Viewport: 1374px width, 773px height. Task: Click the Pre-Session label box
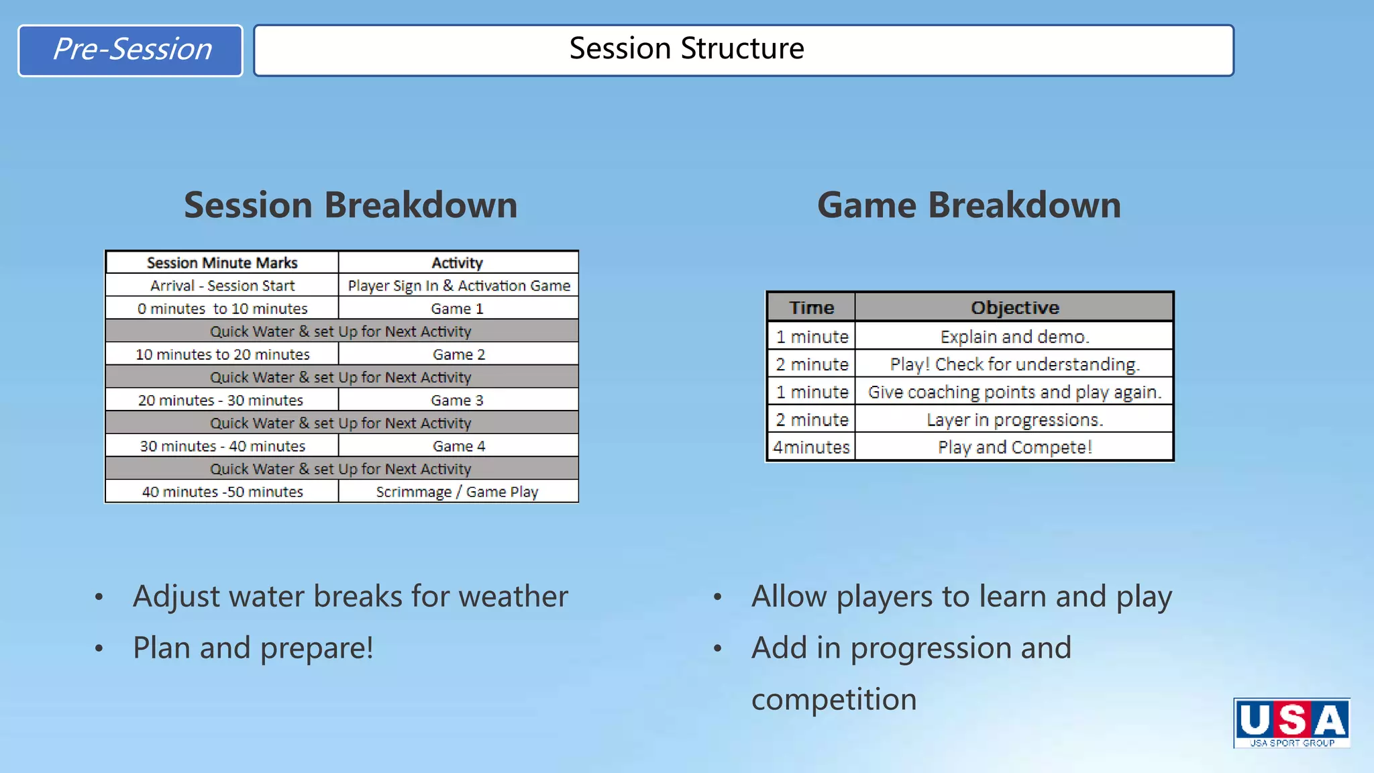(130, 50)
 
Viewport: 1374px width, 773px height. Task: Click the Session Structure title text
(686, 48)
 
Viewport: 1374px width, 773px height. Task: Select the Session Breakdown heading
(350, 205)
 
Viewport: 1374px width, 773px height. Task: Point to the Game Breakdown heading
(969, 205)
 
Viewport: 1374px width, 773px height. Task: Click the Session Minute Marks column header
(222, 262)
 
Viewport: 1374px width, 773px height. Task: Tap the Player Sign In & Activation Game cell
(459, 285)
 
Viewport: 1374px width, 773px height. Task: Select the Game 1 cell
(457, 309)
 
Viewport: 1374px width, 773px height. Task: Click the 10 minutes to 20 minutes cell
(222, 354)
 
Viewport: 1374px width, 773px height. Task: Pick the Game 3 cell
(457, 400)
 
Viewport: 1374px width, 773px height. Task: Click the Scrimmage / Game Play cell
(457, 492)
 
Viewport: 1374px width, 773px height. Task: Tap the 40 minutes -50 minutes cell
(222, 492)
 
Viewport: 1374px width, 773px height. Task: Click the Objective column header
(1014, 307)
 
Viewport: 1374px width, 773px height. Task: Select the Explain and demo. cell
(1014, 336)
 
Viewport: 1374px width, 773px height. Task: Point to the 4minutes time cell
(811, 447)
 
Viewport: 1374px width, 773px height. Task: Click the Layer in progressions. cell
(1014, 419)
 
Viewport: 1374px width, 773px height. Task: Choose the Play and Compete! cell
(1014, 447)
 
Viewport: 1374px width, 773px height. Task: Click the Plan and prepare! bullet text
(253, 648)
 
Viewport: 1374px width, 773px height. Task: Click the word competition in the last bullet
(833, 700)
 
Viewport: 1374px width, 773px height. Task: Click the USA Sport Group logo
(1291, 723)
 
